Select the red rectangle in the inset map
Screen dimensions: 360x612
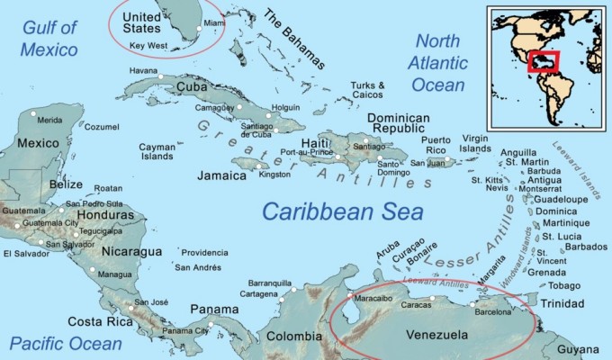pyautogui.click(x=544, y=62)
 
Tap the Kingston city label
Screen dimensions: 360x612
pyautogui.click(x=274, y=174)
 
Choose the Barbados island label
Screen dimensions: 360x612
pyautogui.click(x=586, y=247)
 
